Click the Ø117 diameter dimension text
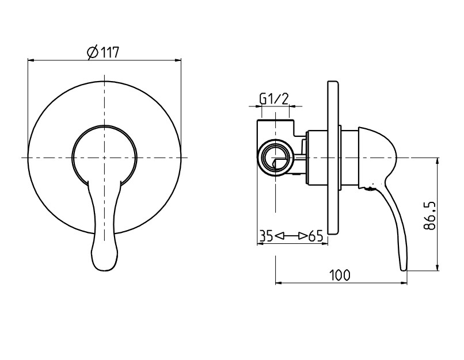click(103, 52)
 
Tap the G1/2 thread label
click(273, 99)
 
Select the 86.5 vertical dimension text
click(429, 216)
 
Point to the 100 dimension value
click(340, 275)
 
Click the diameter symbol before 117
click(93, 53)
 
